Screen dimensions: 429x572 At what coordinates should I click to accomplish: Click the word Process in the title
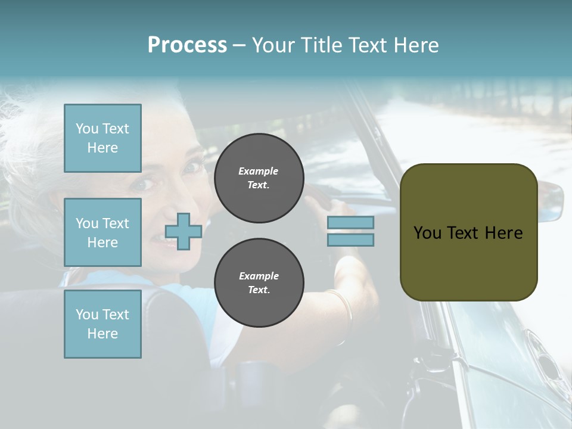point(187,45)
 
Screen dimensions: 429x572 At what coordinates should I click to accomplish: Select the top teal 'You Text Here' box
point(102,138)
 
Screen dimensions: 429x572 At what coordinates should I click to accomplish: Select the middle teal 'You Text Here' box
point(102,232)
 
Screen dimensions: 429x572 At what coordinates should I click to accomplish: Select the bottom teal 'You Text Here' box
point(102,324)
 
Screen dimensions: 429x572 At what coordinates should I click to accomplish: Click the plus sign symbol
point(184,232)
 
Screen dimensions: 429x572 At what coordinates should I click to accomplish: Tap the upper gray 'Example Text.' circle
point(259,178)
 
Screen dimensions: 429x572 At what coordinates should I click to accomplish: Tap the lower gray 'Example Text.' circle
point(259,283)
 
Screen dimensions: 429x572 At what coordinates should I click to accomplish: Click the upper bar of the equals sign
point(350,222)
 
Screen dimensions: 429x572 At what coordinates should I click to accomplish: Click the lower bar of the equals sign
point(350,240)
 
